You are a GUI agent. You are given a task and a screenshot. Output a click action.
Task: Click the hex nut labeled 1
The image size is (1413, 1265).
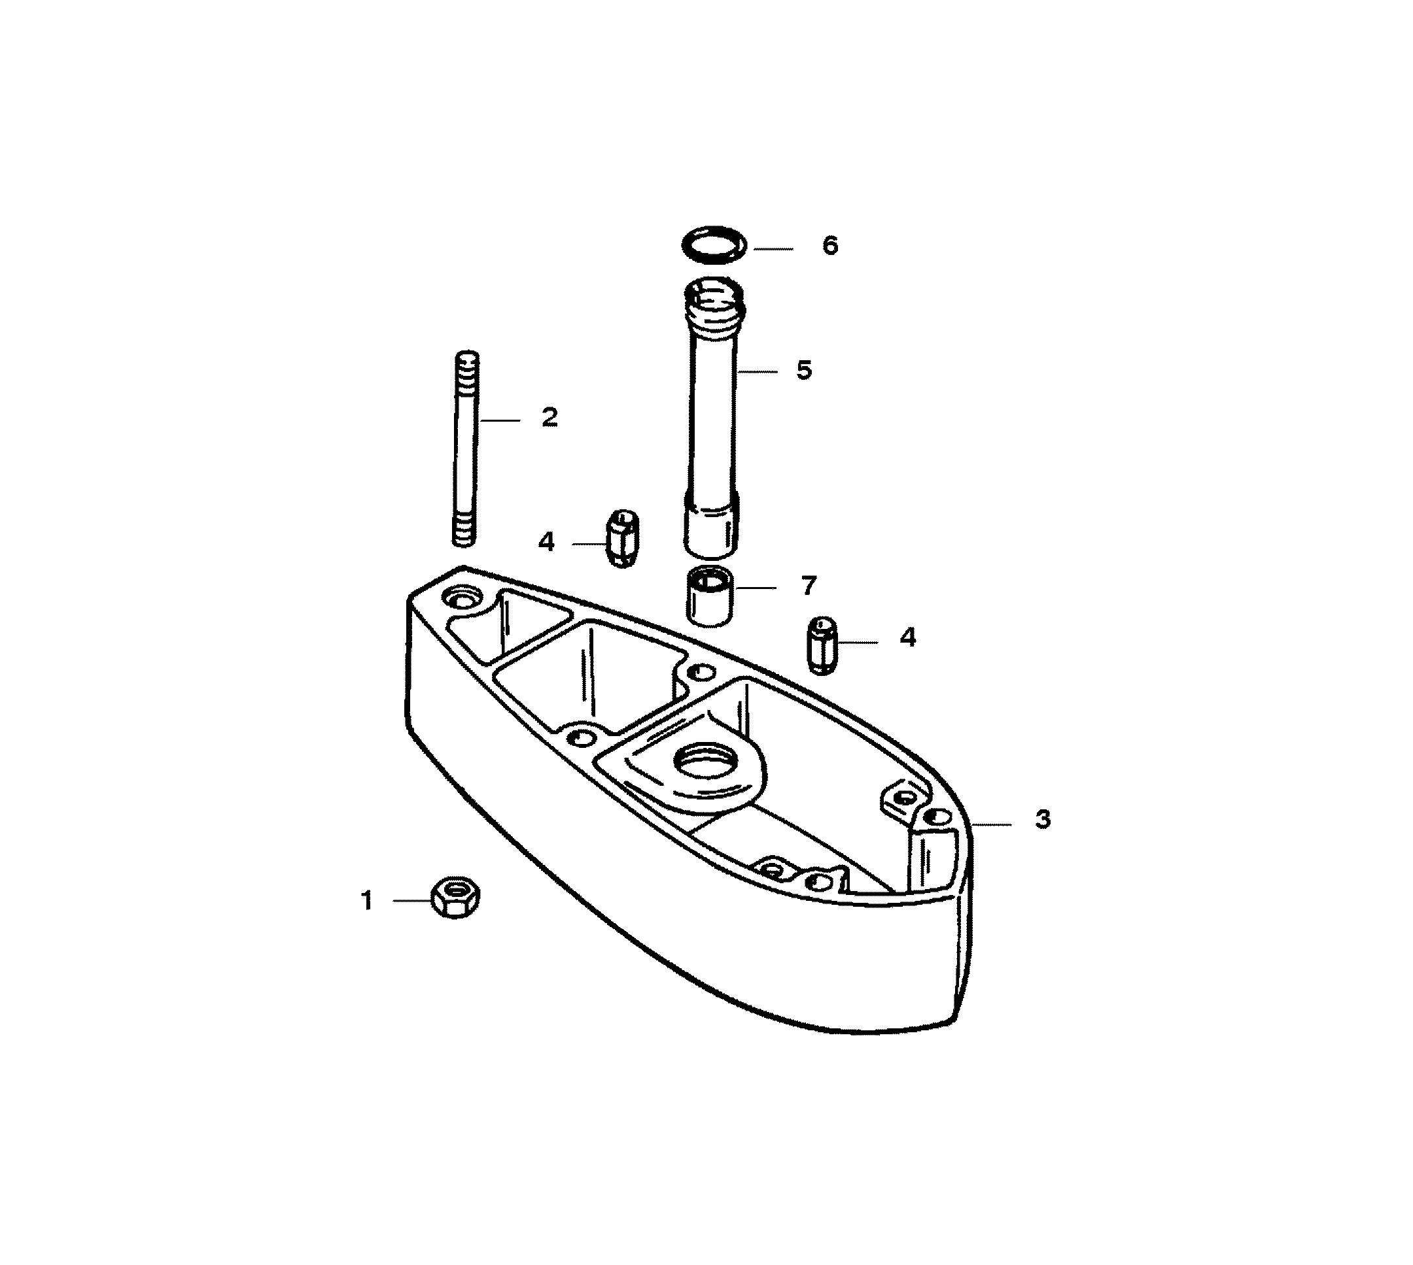(455, 897)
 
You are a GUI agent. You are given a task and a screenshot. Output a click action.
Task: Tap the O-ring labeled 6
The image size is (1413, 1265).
(714, 245)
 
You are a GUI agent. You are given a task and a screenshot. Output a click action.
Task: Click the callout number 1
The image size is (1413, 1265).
(367, 901)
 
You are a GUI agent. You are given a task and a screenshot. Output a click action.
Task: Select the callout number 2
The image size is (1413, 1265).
(549, 418)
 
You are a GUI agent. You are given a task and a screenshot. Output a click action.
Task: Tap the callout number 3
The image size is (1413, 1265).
(1042, 819)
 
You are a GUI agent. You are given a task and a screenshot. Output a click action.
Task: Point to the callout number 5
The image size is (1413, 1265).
(804, 370)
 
